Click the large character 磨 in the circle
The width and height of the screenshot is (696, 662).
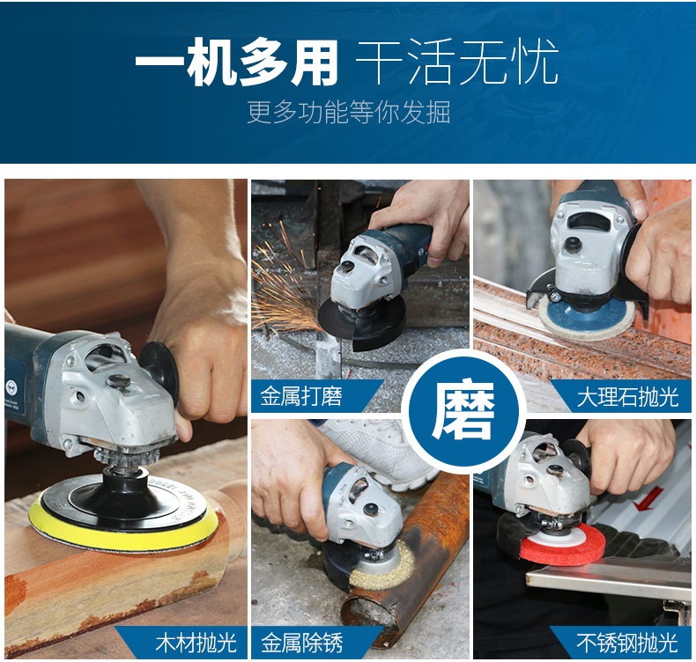[463, 409]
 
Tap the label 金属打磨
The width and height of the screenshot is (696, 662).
[301, 396]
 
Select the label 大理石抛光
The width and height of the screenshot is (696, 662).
[627, 396]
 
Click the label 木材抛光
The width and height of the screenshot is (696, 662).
[196, 643]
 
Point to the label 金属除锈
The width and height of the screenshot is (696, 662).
[302, 643]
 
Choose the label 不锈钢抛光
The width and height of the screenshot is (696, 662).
[627, 643]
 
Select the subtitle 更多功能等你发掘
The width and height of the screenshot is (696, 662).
[349, 112]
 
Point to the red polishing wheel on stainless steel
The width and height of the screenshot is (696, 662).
[562, 548]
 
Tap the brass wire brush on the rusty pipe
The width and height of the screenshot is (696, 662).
[382, 567]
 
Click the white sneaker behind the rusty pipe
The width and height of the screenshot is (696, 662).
[381, 452]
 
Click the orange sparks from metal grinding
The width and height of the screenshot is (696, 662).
[284, 283]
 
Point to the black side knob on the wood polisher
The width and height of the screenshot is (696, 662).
[159, 373]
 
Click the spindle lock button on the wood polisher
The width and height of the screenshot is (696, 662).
[118, 381]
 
